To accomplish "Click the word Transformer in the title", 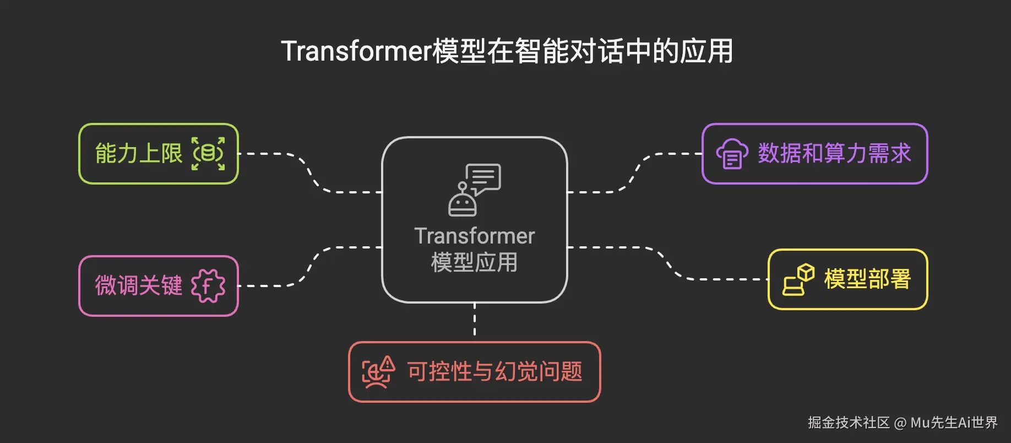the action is click(x=356, y=51).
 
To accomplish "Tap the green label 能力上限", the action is click(x=138, y=154).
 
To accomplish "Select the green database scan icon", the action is click(x=208, y=154).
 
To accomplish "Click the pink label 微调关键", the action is click(x=138, y=285).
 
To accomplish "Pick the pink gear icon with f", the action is click(x=208, y=285).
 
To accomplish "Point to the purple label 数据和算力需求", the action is click(x=834, y=154).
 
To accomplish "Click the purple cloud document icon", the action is click(x=732, y=154).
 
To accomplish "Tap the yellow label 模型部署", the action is click(x=867, y=279).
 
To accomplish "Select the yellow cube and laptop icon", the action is click(x=798, y=280).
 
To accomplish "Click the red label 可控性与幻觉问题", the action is click(x=494, y=372).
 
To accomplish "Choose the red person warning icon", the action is click(x=378, y=372).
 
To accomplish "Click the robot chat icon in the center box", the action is click(x=474, y=190).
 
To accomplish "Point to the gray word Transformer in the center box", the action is click(x=474, y=236).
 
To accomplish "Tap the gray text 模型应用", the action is click(x=474, y=262).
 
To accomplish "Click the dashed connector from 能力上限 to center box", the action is click(x=312, y=174).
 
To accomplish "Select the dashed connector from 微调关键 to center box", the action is click(x=312, y=266).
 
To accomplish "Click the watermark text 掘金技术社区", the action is click(x=849, y=423).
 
